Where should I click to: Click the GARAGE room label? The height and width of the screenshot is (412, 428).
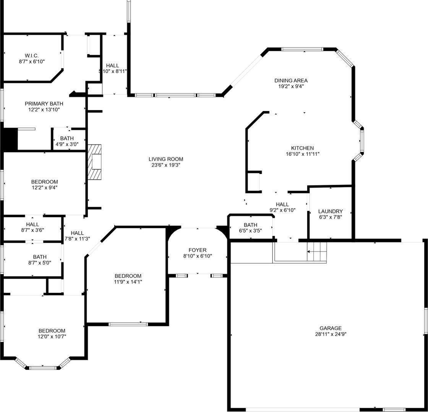[331, 328]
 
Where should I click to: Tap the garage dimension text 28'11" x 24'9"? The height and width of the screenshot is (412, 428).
[331, 334]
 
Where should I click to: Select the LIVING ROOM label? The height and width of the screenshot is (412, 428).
[166, 159]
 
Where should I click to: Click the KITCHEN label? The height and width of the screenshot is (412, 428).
[302, 148]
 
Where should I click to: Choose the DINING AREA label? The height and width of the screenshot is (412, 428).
[291, 80]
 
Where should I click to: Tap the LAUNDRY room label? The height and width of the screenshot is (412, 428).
[330, 211]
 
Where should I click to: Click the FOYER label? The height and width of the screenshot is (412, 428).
[198, 250]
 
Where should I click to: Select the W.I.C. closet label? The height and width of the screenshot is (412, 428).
[32, 55]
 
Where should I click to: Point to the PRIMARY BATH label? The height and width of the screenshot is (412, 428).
[44, 104]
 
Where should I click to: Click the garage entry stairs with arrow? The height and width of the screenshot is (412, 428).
[317, 252]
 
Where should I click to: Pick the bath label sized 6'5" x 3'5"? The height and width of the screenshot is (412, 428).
[250, 225]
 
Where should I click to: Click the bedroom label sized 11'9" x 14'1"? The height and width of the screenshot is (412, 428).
[128, 276]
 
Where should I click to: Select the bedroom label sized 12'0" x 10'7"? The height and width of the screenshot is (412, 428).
[52, 331]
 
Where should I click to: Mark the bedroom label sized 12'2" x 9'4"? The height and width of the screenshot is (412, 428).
[45, 182]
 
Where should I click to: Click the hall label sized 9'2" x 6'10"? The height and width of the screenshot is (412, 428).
[282, 204]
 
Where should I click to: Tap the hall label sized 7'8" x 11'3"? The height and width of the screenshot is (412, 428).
[77, 233]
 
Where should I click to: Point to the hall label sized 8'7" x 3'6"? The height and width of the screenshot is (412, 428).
[32, 224]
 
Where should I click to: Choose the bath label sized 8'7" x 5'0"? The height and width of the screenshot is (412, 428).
[40, 257]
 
